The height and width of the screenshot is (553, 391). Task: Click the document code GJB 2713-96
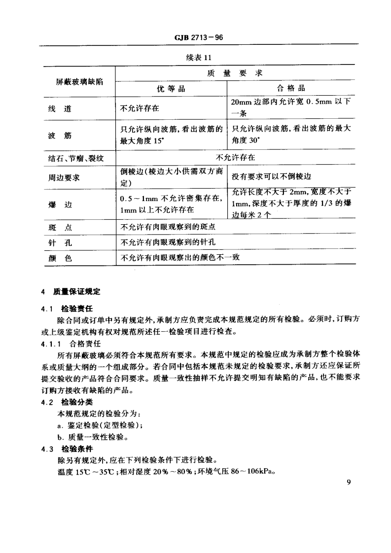point(196,38)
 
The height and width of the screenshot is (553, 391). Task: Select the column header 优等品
point(171,89)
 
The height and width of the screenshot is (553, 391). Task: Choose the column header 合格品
point(291,89)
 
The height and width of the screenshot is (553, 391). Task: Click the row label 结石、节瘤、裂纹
point(69,158)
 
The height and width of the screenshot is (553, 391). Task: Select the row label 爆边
point(60,204)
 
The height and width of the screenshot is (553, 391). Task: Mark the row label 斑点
point(60,228)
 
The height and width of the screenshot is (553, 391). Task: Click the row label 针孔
point(60,242)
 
